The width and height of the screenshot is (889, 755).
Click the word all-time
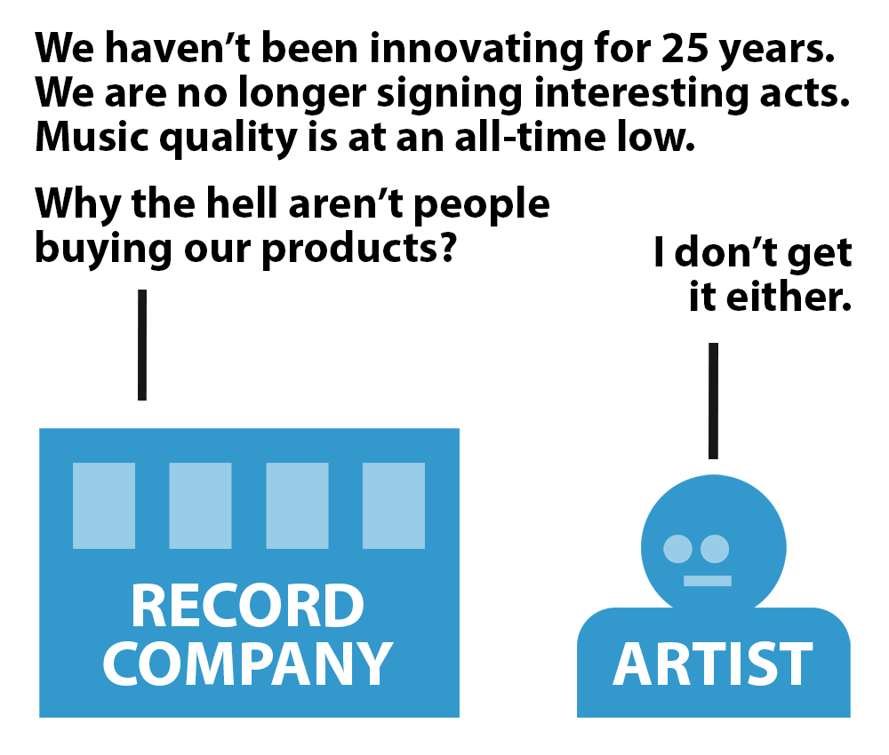click(530, 137)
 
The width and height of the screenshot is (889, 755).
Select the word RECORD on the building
click(248, 606)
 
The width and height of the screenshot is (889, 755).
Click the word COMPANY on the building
click(248, 664)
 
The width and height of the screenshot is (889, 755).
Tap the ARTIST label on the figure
click(713, 664)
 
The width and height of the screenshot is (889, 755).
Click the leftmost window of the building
click(104, 505)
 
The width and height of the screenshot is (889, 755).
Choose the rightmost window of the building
click(394, 505)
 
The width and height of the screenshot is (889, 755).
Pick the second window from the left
click(200, 505)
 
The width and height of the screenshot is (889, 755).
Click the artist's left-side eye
click(677, 549)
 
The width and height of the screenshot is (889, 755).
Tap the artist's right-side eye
click(715, 549)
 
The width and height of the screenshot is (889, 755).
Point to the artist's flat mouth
click(708, 581)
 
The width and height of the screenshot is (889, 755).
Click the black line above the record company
click(142, 345)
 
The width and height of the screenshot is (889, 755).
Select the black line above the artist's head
click(714, 401)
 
